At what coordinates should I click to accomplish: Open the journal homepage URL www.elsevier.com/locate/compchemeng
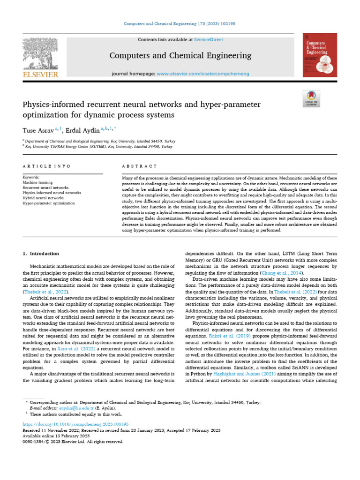202,74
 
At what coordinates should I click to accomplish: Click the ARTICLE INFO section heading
46,166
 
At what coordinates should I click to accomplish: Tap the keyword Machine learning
37,182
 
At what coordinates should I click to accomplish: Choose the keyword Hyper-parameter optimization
48,203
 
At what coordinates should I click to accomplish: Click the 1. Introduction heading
41,254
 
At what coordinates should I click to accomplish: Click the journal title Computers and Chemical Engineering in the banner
180,56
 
